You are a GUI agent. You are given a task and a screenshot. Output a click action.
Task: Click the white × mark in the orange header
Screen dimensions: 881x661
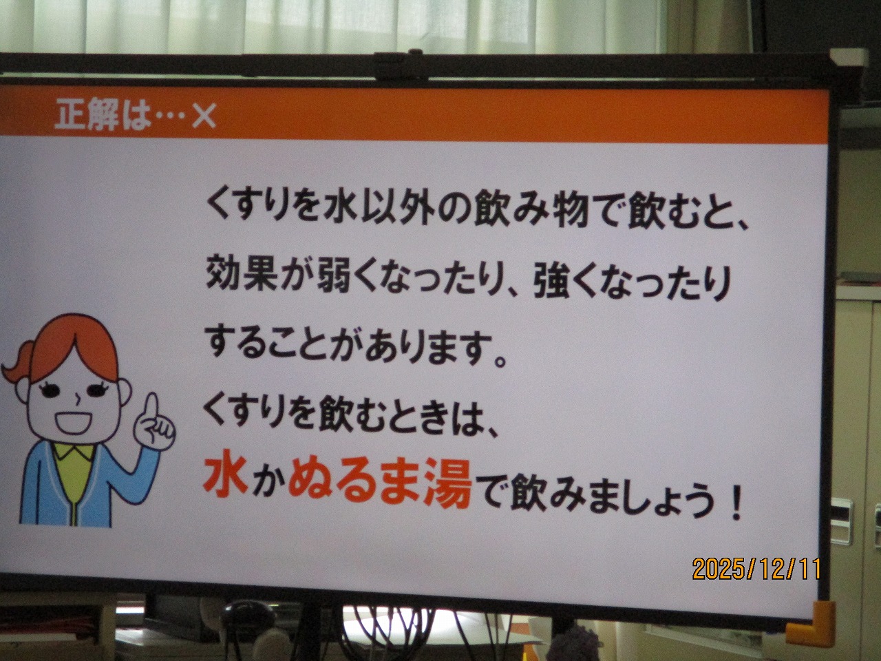click(x=204, y=116)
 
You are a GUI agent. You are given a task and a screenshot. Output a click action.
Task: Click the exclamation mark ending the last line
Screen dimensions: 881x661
click(x=736, y=507)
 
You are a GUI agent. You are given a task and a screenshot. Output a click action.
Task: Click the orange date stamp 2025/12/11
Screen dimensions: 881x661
click(x=756, y=568)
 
